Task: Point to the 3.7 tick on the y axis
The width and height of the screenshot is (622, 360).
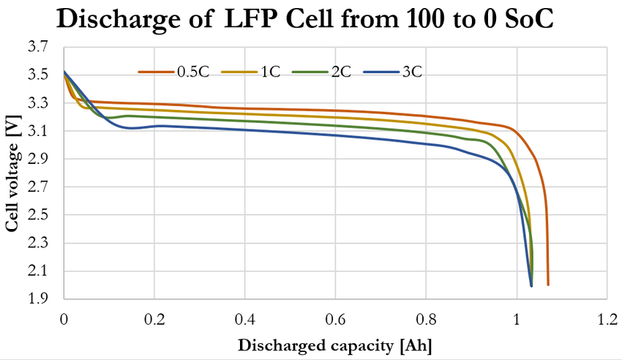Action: coord(39,47)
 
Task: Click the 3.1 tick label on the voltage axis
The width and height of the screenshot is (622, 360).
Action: coord(39,131)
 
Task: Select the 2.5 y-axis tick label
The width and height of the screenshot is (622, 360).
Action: coord(39,215)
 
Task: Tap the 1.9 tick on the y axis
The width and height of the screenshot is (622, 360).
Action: coord(39,299)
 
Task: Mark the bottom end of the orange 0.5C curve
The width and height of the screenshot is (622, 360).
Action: coord(548,284)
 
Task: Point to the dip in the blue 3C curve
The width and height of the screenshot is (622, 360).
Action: coord(130,128)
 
